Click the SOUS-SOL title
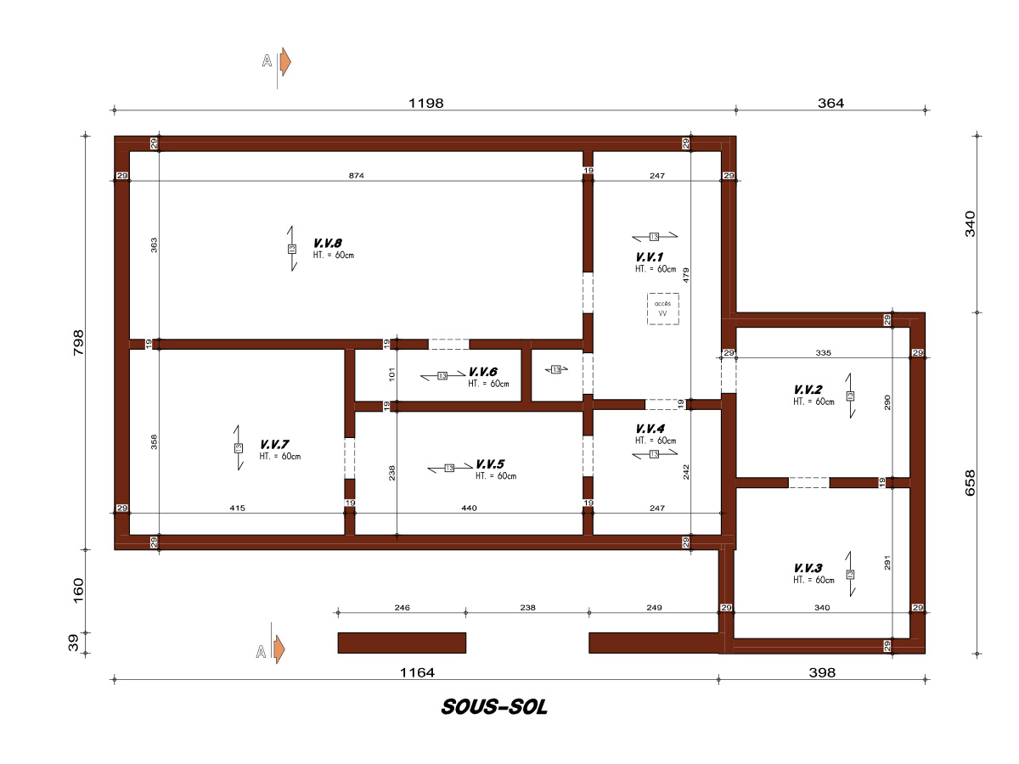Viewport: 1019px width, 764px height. point(494,707)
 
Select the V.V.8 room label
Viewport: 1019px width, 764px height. point(327,243)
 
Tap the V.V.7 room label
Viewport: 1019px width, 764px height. point(274,444)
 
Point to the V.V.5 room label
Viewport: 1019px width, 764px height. point(490,463)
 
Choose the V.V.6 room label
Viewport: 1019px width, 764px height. point(483,372)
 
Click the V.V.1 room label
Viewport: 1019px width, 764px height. point(650,257)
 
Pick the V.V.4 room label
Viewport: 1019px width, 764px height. point(650,429)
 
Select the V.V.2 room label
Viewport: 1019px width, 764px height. point(808,390)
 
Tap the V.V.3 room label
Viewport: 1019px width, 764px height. point(808,568)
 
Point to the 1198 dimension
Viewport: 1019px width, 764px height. point(425,103)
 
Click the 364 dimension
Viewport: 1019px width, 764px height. point(830,103)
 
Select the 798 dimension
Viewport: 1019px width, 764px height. point(78,343)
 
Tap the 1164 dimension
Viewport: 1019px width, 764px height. point(417,672)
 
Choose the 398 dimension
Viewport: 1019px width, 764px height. point(822,672)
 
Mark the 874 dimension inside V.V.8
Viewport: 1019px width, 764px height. point(357,176)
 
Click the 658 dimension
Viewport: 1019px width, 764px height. point(970,483)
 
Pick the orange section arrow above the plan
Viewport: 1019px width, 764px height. point(285,62)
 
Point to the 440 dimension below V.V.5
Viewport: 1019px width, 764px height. point(469,508)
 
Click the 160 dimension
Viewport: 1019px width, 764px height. point(78,591)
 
